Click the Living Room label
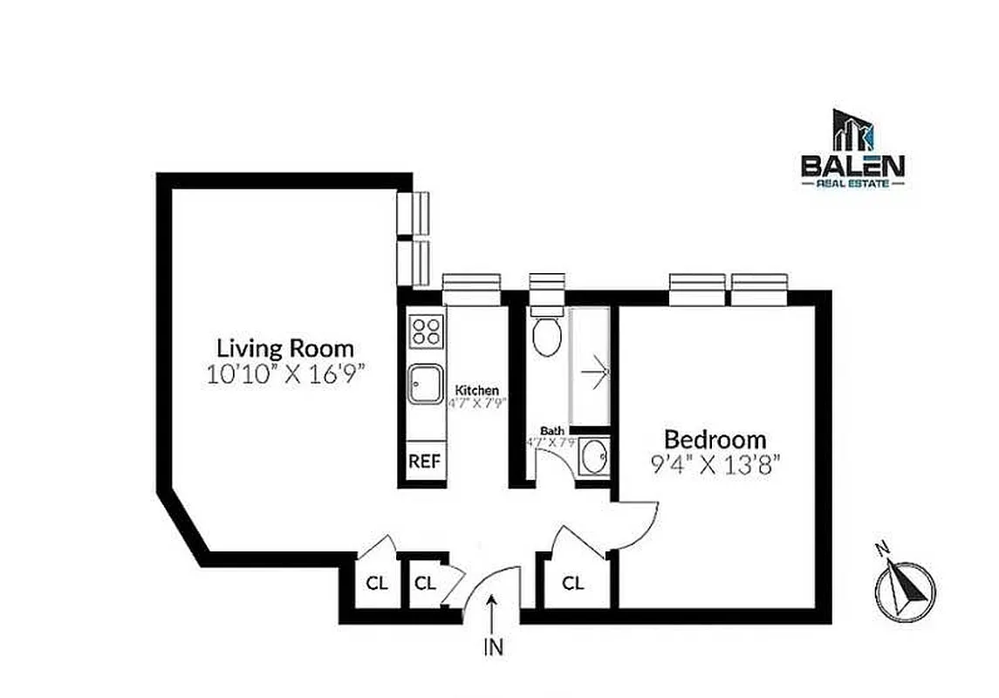pos(285,348)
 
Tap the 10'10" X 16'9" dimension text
pos(285,375)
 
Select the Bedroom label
pos(715,439)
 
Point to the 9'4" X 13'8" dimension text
pos(715,464)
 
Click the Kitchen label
pos(477,390)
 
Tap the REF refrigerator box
pos(425,461)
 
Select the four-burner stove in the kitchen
pos(426,331)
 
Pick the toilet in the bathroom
pos(548,335)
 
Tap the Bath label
pos(551,430)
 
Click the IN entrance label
pos(493,647)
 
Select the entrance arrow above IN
pos(493,614)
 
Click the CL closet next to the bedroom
pos(572,583)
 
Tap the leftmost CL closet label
pos(377,583)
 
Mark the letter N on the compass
pos(882,549)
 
